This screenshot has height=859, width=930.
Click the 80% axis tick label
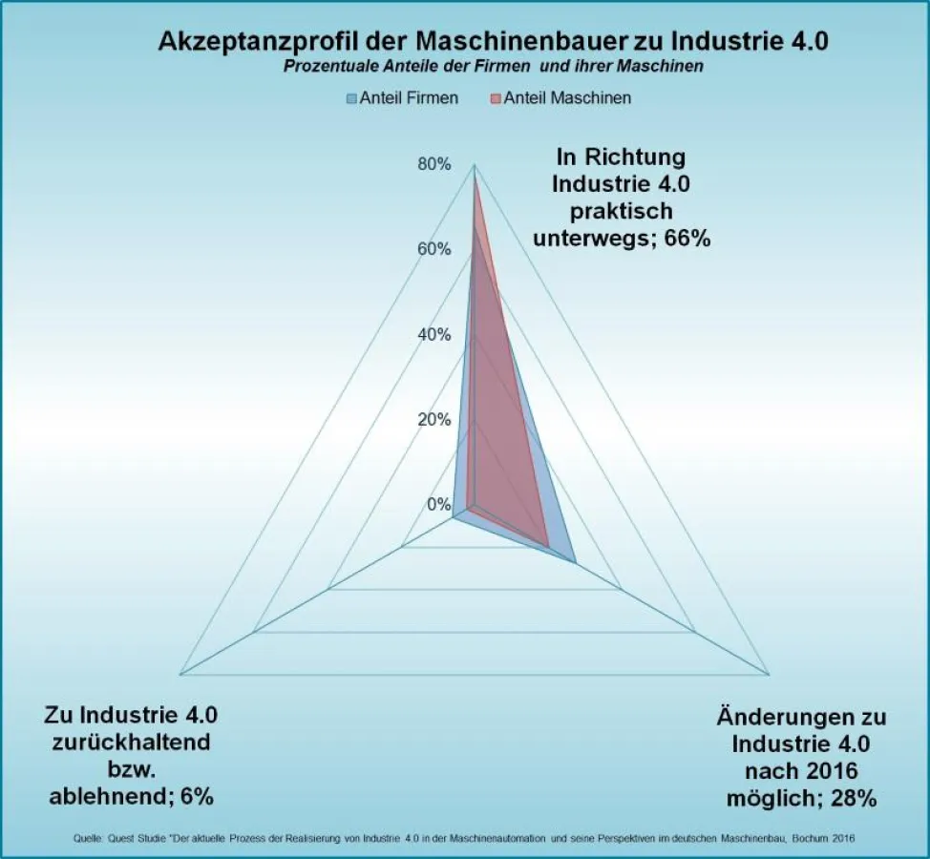(433, 164)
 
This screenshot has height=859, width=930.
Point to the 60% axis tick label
(433, 249)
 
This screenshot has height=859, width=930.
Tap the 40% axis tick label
(433, 334)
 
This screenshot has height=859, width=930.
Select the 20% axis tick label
(433, 419)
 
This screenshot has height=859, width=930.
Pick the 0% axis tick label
(437, 504)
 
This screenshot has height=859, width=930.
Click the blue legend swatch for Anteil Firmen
(351, 98)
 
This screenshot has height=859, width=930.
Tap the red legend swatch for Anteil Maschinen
(496, 98)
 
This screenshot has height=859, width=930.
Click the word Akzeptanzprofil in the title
(250, 42)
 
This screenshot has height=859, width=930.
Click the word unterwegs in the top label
(594, 237)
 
